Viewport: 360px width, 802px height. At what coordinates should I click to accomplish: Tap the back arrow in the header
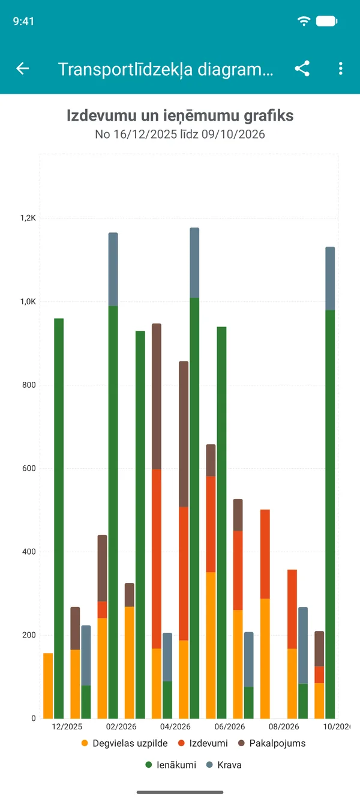pos(22,68)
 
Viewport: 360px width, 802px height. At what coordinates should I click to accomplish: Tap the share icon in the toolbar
pos(302,68)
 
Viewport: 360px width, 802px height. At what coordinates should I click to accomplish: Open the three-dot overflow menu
pos(340,68)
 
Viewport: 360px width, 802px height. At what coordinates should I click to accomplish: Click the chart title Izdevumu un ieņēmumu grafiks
pos(180,116)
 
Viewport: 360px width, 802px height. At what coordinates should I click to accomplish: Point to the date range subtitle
pos(180,134)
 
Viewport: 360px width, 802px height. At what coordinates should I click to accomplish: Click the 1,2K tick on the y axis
pos(28,218)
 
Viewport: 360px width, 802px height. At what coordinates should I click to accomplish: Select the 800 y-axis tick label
pos(29,385)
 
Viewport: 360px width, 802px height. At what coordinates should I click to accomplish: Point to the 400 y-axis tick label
pos(29,552)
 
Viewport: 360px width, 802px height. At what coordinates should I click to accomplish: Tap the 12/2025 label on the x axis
pos(67,726)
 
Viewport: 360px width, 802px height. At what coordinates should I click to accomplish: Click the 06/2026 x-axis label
pos(230,726)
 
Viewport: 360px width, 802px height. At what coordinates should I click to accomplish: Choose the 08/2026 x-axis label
pos(284,726)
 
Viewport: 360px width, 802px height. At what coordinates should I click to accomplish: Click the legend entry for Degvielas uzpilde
pos(125,743)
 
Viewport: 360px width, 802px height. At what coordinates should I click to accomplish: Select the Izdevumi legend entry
pos(203,743)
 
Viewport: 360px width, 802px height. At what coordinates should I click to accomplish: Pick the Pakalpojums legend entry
pos(272,743)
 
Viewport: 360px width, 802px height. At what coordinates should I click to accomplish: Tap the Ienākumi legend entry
pos(170,765)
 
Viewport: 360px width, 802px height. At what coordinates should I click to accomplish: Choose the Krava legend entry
pos(224,765)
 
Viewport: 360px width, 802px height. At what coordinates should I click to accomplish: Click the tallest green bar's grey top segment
pos(194,263)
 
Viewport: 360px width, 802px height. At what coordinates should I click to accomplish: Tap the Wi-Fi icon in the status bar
pos(304,21)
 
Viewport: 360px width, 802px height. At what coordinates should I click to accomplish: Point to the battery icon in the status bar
pos(326,21)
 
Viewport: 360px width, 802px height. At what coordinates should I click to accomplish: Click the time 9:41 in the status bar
pos(23,22)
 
